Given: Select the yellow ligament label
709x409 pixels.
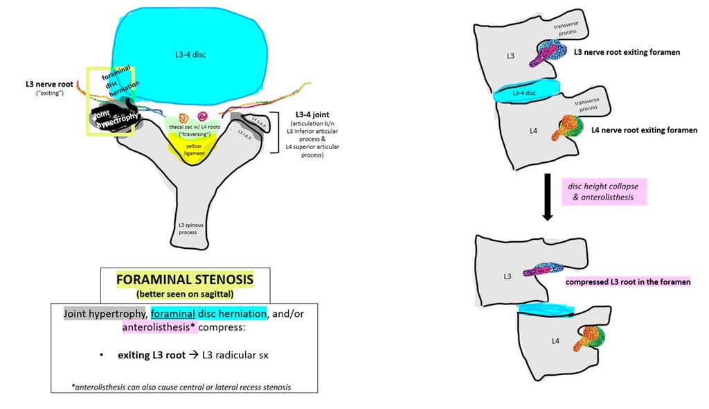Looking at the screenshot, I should (195, 148).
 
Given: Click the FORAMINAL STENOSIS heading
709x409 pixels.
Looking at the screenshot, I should (184, 280).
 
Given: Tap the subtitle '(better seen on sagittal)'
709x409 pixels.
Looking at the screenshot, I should (184, 294).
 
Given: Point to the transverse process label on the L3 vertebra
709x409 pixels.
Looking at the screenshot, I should (568, 28).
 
